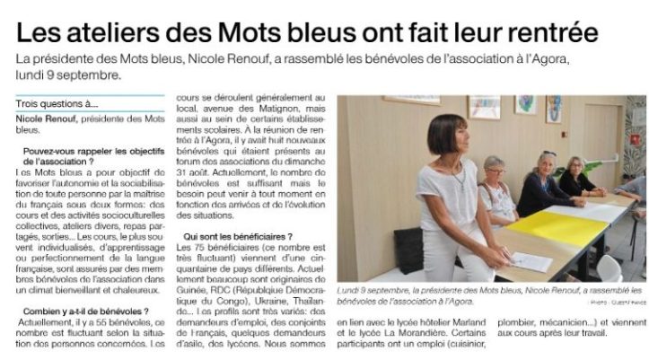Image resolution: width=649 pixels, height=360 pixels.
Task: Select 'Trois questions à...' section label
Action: (x=57, y=104)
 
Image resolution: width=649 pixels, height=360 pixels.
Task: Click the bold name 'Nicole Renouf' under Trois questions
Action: (x=46, y=119)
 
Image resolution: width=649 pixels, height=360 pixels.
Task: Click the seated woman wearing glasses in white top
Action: (x=496, y=189)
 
